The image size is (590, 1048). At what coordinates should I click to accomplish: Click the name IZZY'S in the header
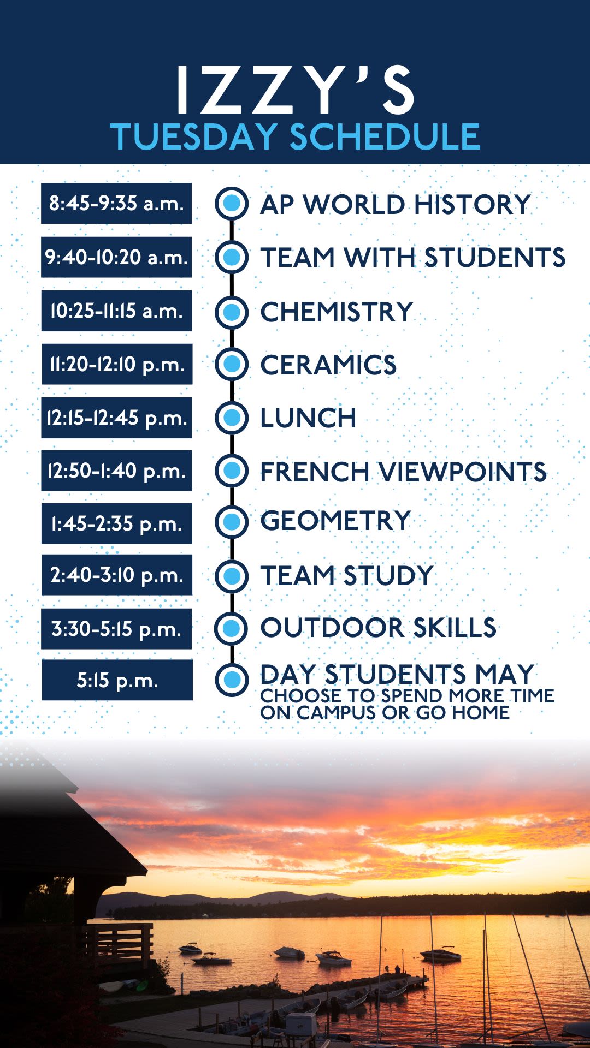pyautogui.click(x=295, y=90)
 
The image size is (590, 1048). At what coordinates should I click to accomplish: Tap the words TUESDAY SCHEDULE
pyautogui.click(x=295, y=136)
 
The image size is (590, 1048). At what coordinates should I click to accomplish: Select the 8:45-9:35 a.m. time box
pyautogui.click(x=116, y=203)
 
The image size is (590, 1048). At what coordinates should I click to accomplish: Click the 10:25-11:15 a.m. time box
pyautogui.click(x=116, y=311)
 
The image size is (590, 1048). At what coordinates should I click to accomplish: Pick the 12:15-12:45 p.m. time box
pyautogui.click(x=116, y=418)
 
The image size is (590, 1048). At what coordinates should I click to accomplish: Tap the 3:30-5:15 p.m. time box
pyautogui.click(x=116, y=629)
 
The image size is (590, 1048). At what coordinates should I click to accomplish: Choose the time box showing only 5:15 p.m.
pyautogui.click(x=117, y=680)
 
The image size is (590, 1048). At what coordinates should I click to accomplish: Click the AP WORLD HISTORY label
pyautogui.click(x=396, y=205)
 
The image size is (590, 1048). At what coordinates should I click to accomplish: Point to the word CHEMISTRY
pyautogui.click(x=337, y=312)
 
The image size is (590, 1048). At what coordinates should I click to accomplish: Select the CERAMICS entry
pyautogui.click(x=328, y=365)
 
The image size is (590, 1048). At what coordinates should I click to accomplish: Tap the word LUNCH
pyautogui.click(x=308, y=418)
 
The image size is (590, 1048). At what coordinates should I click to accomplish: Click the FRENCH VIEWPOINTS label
pyautogui.click(x=403, y=472)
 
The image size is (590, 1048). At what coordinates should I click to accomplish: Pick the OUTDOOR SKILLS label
pyautogui.click(x=379, y=628)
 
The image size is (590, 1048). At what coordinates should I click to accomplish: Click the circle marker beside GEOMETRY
pyautogui.click(x=232, y=521)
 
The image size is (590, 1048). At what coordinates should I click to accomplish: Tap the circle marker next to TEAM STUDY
pyautogui.click(x=232, y=576)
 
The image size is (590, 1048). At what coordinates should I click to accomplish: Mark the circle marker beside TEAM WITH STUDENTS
pyautogui.click(x=232, y=257)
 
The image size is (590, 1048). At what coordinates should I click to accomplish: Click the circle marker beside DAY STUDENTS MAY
pyautogui.click(x=232, y=680)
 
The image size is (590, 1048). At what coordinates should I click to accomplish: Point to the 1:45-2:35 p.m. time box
pyautogui.click(x=116, y=523)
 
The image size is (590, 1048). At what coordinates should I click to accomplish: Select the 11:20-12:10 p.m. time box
pyautogui.click(x=117, y=364)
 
